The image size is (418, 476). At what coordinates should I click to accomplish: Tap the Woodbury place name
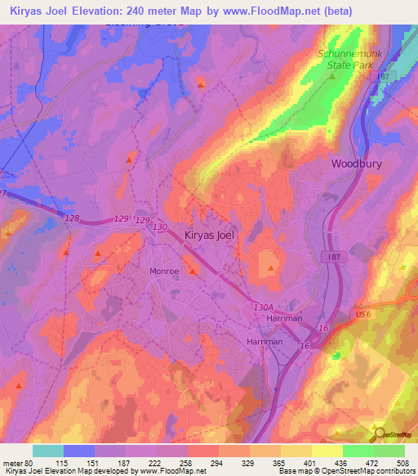click(x=356, y=164)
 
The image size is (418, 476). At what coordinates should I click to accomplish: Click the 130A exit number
click(x=262, y=307)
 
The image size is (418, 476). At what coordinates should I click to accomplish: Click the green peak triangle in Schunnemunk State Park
click(x=332, y=76)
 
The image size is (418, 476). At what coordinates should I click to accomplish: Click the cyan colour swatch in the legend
click(x=47, y=451)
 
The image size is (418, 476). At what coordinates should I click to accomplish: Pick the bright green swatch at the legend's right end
click(x=389, y=451)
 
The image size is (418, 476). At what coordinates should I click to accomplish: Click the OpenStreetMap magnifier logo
click(x=379, y=433)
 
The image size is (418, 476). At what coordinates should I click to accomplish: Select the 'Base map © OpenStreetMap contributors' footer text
click(x=345, y=471)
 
